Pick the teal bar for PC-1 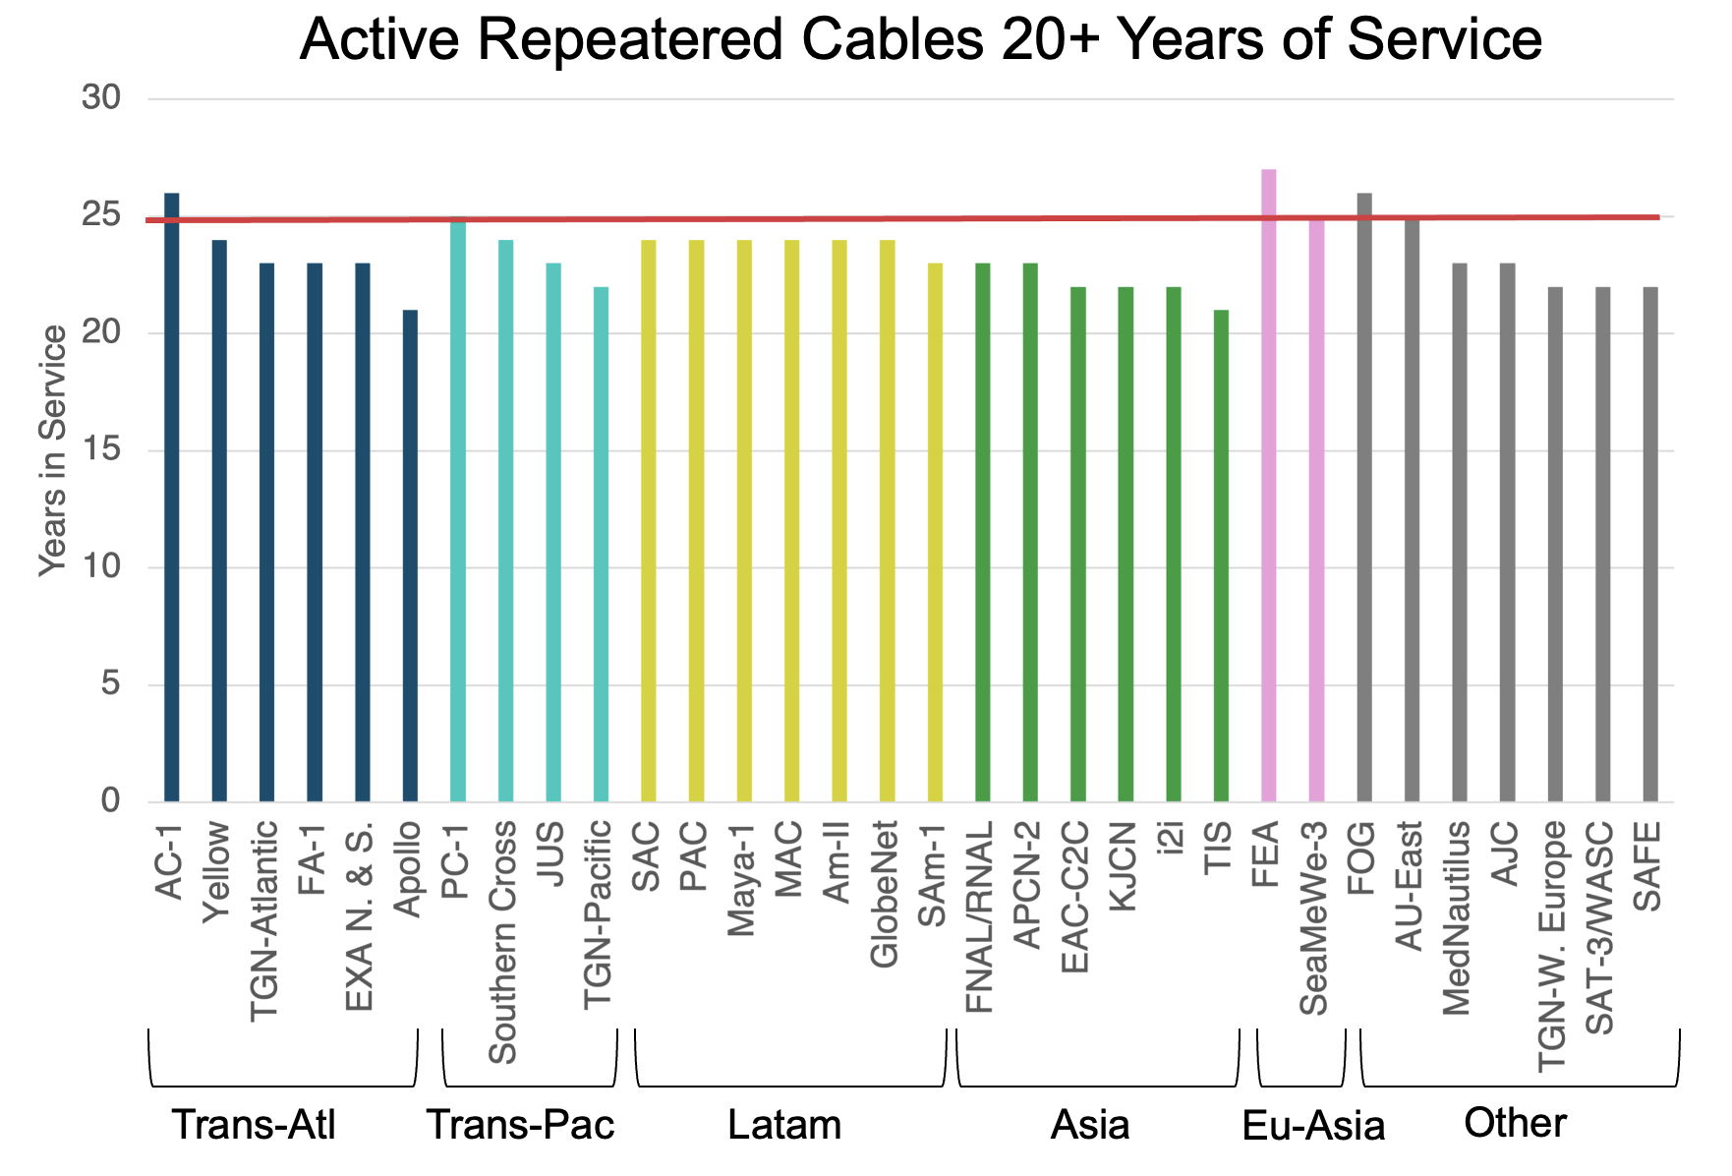(x=458, y=511)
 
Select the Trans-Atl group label (x=254, y=1125)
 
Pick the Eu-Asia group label (x=1313, y=1127)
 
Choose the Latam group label (x=784, y=1125)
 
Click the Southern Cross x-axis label (x=503, y=942)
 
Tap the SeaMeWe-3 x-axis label (x=1314, y=918)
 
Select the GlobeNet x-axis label (x=885, y=894)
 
